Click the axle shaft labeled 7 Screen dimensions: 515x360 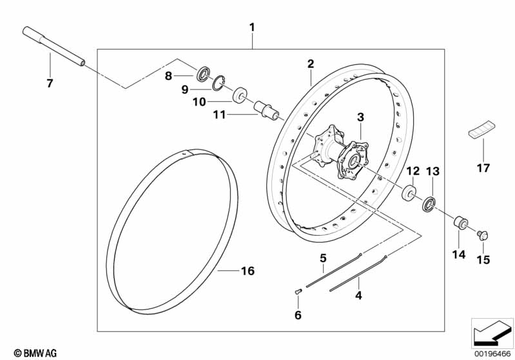coord(53,46)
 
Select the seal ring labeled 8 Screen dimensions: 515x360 coord(204,74)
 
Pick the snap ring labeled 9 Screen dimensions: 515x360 coord(219,82)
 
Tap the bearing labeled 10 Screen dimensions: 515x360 coord(240,95)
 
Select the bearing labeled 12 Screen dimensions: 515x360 coord(409,193)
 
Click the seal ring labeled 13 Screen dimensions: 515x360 coord(429,204)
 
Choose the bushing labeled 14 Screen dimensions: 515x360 coord(460,222)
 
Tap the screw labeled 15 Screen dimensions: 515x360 coord(483,235)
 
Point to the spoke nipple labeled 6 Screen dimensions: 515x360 coord(298,290)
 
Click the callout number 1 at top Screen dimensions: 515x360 coord(252,27)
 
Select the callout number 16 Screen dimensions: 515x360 coord(248,270)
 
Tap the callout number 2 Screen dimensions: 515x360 coord(311,64)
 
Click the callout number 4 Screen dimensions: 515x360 coord(358,296)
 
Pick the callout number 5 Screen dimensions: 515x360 coord(323,258)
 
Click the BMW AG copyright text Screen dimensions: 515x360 coord(35,353)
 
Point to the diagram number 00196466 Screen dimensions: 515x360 coord(492,354)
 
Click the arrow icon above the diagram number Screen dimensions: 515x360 coord(492,334)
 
